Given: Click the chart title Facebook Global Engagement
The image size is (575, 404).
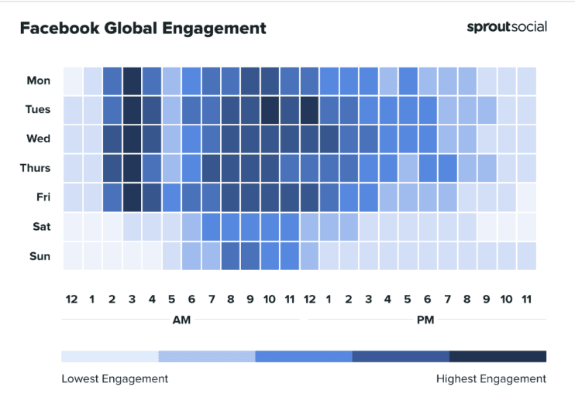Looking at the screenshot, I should pos(143,29).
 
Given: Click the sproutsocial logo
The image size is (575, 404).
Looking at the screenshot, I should pos(506,27).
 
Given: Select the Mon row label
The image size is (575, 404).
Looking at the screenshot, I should pos(38,80).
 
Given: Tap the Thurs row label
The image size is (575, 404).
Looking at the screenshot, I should pos(36,168).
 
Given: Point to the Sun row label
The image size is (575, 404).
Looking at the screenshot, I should pos(39,256).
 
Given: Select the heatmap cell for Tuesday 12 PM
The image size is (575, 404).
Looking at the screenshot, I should pos(309,110).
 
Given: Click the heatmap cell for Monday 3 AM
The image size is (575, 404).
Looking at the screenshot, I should pos(132,80).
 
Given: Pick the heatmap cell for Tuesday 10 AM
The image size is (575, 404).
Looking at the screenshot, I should pos(270,110).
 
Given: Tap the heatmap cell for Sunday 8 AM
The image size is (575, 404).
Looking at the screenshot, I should pos(230,256).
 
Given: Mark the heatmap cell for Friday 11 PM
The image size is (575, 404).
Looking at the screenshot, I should pos(526,197).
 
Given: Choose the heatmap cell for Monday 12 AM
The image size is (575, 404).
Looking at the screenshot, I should pos(73,80).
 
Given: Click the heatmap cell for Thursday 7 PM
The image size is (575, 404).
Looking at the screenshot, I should pos(447,168).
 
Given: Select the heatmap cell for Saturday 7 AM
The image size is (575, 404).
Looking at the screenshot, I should pos(211,227).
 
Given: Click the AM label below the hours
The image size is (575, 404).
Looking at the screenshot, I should pos(181,319).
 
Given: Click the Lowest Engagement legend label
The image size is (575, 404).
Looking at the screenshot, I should pos(114,378).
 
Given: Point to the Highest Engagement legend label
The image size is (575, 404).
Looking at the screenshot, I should pos(491,378).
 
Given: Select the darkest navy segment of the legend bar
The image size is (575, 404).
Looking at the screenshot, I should pos(498,356).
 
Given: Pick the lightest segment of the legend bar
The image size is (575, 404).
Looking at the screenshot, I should pos(109,356).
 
